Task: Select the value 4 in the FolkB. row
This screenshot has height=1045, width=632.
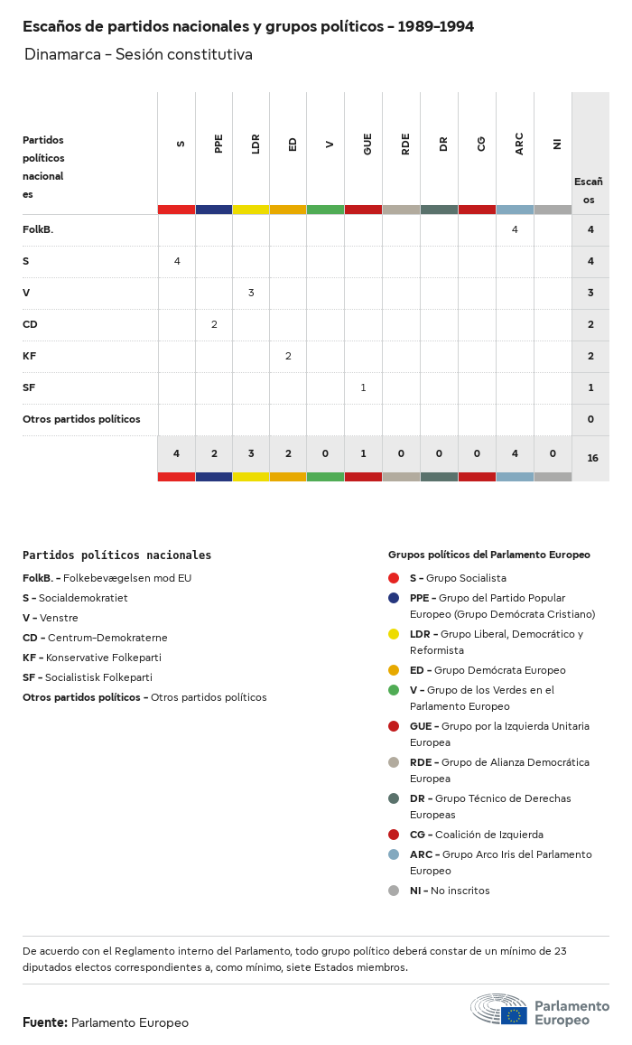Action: click(x=515, y=229)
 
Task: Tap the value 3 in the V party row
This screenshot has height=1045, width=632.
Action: click(x=251, y=293)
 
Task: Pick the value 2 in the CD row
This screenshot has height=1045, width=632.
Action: click(x=214, y=324)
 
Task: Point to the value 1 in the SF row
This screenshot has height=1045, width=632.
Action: click(x=363, y=387)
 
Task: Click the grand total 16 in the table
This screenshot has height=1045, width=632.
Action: click(x=592, y=458)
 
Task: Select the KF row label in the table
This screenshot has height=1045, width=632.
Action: click(x=30, y=356)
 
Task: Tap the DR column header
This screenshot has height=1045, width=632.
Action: click(x=443, y=144)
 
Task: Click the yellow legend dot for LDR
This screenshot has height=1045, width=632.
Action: click(x=394, y=634)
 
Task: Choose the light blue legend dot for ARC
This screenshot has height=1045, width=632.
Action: click(x=394, y=854)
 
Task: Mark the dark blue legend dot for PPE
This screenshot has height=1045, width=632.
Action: click(x=394, y=598)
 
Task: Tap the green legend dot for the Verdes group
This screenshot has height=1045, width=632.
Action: click(x=394, y=690)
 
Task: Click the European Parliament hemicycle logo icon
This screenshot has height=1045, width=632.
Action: click(x=498, y=1008)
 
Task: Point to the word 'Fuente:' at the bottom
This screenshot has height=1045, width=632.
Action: click(x=45, y=1022)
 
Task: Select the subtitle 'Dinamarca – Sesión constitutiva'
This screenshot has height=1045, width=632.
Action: click(x=138, y=55)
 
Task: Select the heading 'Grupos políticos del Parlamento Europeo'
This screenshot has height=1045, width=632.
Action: click(x=488, y=555)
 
